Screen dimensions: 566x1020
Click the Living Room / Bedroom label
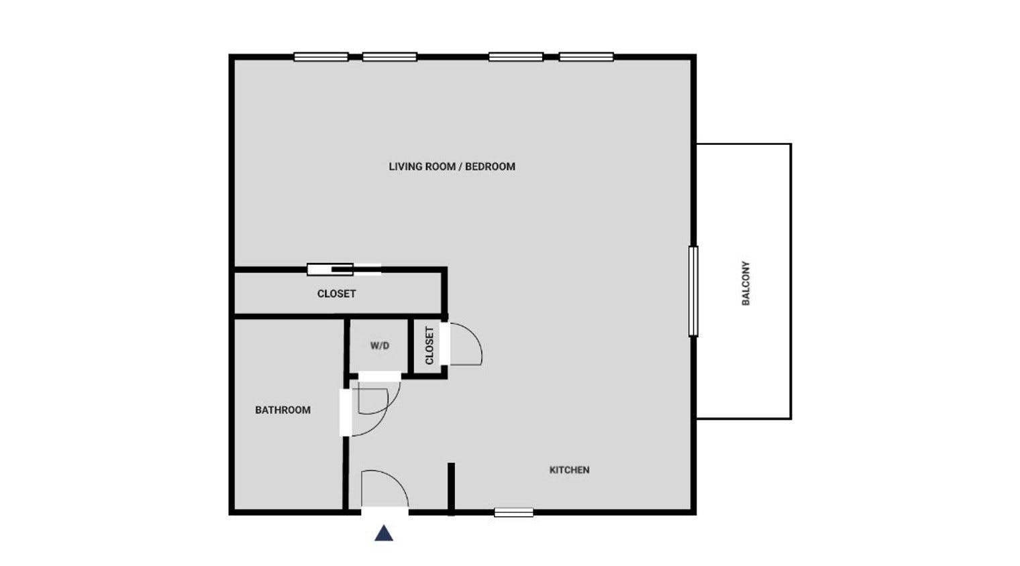click(x=452, y=166)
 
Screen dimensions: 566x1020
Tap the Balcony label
click(x=746, y=283)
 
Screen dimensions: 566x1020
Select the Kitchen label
click(x=569, y=470)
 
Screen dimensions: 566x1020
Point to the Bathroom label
click(x=283, y=410)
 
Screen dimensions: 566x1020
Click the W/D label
click(x=379, y=346)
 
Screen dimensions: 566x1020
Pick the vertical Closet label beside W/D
click(x=429, y=345)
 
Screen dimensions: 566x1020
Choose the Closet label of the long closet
click(x=336, y=294)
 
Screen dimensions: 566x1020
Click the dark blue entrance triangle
click(x=384, y=533)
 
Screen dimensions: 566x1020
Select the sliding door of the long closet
click(x=344, y=270)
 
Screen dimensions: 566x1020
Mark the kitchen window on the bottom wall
click(x=514, y=512)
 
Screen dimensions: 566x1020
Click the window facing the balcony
click(x=693, y=291)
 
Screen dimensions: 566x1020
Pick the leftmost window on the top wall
click(x=321, y=57)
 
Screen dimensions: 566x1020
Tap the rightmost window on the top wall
click(x=586, y=57)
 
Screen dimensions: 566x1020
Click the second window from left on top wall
click(x=389, y=57)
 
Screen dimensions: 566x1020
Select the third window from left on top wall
click(x=515, y=57)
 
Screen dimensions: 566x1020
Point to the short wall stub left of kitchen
click(x=451, y=488)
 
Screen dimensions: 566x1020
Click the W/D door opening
click(x=379, y=376)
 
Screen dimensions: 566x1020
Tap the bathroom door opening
click(x=346, y=412)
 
